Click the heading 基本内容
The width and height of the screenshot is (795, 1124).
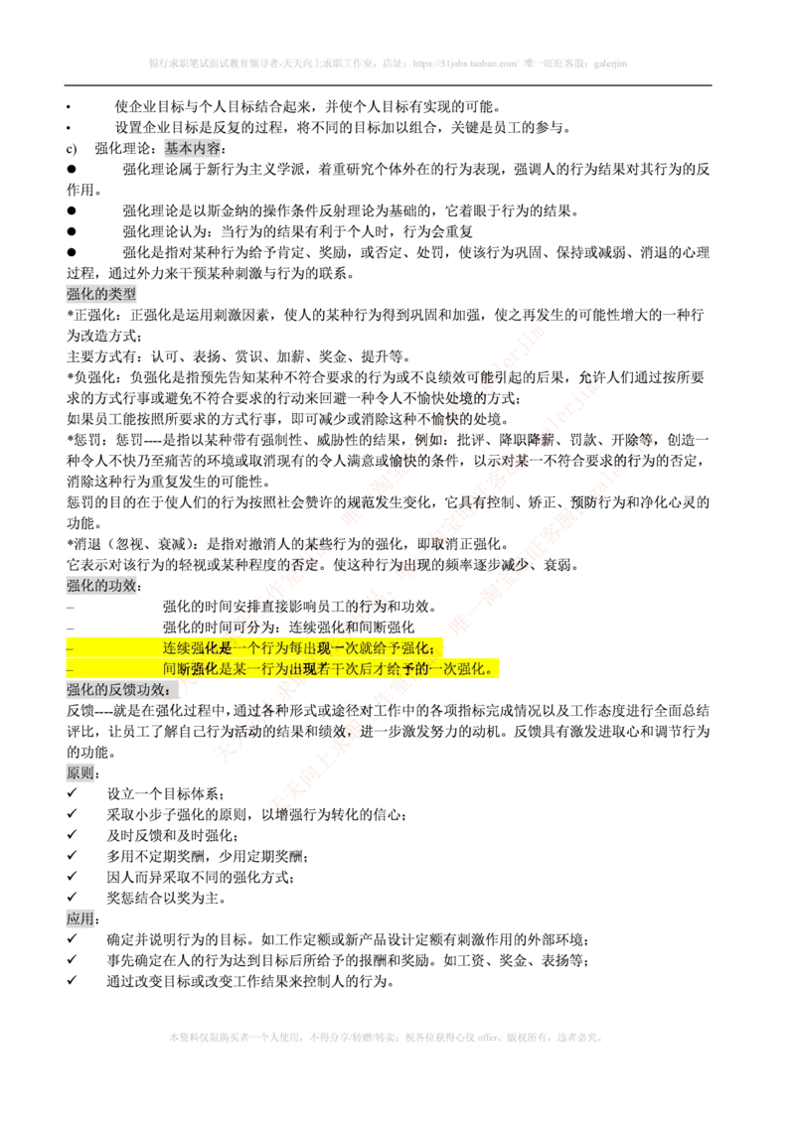[192, 148]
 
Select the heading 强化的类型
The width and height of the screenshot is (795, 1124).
[101, 294]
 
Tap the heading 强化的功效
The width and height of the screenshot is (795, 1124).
[102, 586]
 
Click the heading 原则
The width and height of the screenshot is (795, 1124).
[79, 774]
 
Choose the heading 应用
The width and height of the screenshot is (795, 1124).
[79, 919]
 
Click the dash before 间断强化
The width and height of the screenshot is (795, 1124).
[69, 669]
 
